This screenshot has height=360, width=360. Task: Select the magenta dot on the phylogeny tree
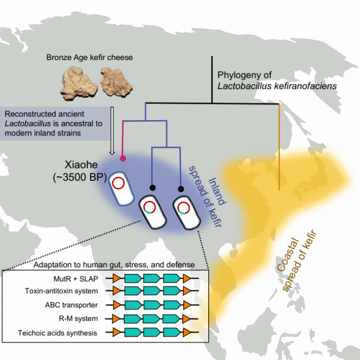[123, 158]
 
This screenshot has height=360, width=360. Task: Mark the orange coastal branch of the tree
[279, 148]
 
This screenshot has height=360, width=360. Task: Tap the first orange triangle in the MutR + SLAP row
[117, 278]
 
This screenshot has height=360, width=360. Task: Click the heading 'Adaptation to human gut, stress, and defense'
[114, 265]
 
